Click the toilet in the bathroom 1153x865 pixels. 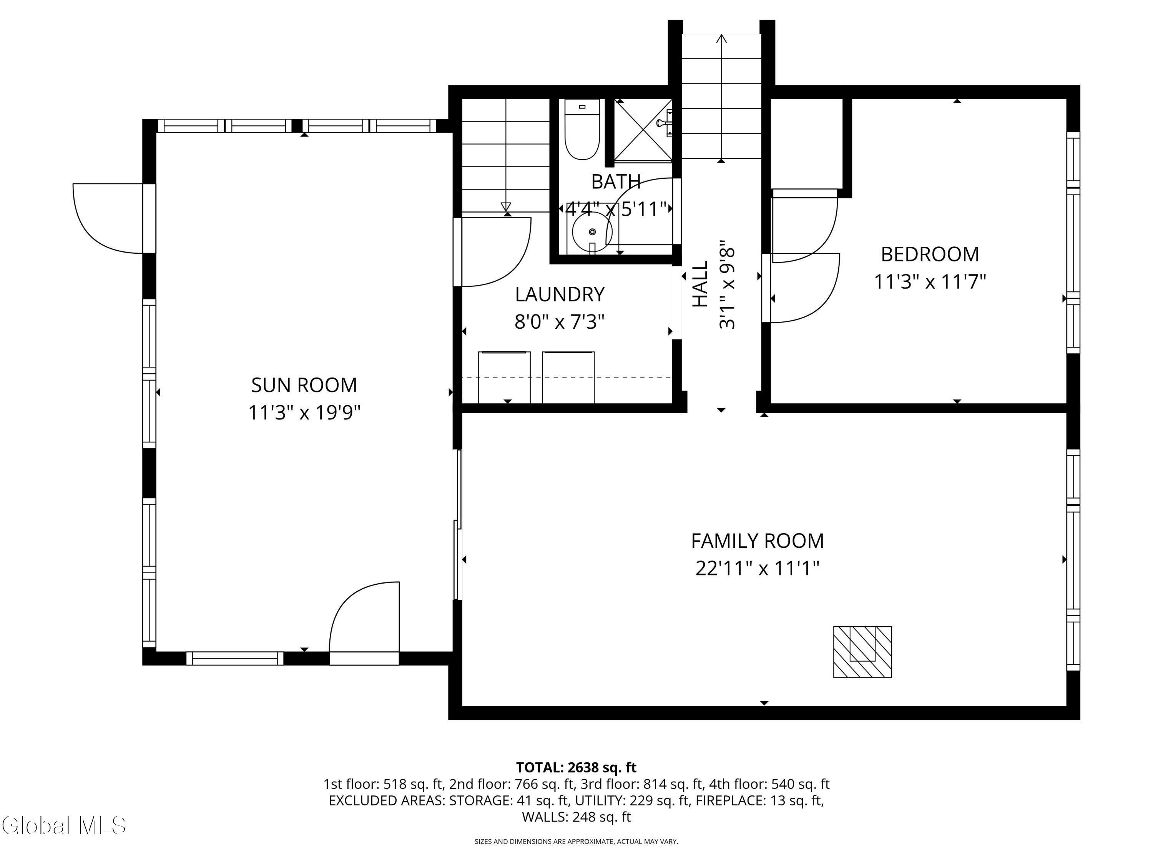coord(582,129)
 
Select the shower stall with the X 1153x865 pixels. coord(643,130)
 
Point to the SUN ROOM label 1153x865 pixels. coord(304,385)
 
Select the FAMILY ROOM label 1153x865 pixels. coord(758,541)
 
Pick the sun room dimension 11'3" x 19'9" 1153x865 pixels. coord(304,413)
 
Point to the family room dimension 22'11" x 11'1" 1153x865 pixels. coord(758,568)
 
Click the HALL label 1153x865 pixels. coord(700,284)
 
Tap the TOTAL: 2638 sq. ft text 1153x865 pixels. coord(576,767)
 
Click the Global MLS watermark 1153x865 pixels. coord(63,825)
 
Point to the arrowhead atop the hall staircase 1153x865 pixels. coord(721,38)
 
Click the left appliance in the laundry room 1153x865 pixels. coord(504,378)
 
